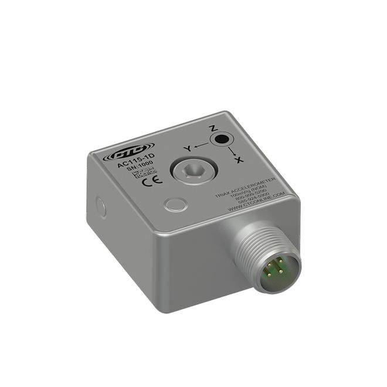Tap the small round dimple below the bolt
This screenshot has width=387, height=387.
[175, 205]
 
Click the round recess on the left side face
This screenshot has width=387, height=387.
[101, 206]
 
